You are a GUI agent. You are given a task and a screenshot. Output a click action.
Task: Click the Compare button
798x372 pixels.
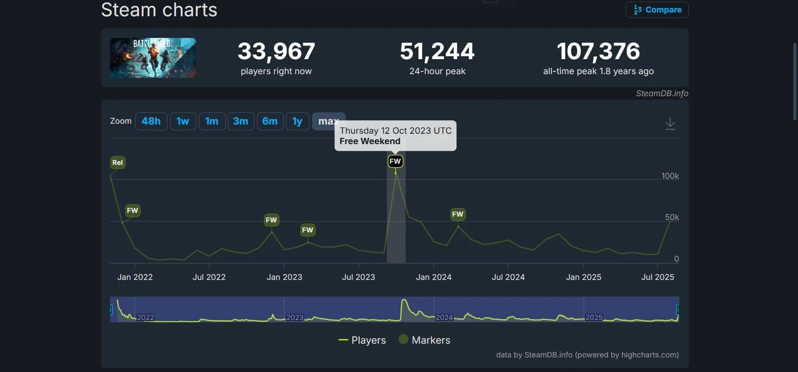657,10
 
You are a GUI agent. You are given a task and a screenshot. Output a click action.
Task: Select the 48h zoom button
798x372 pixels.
151,121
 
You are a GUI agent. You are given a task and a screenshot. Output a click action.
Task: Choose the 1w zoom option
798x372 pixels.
183,121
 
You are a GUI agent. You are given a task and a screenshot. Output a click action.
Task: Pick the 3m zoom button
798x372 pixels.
241,121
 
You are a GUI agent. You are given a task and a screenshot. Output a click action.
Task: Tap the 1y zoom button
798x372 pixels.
297,121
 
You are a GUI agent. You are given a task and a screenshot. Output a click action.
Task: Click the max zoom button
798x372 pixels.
329,121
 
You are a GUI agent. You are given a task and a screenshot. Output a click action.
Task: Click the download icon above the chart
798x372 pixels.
670,124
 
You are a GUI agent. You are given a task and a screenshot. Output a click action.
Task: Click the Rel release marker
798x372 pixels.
118,162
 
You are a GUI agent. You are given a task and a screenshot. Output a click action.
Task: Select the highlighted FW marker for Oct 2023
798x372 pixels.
395,161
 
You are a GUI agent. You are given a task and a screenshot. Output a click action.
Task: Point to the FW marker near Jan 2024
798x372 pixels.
458,214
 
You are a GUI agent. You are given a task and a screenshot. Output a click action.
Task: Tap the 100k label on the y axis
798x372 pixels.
670,176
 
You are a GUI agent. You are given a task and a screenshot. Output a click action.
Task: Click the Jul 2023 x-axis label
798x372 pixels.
359,277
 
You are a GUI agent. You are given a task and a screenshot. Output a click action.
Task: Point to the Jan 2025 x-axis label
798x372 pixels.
584,277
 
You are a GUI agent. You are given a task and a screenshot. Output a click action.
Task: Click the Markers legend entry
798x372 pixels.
424,340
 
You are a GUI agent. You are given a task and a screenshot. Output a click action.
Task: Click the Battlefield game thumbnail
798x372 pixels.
153,58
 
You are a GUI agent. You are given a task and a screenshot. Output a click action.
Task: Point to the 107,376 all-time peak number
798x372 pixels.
598,51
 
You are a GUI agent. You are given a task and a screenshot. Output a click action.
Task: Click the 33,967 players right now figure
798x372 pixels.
276,51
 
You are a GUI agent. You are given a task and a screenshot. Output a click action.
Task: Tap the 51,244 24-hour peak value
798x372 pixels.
437,51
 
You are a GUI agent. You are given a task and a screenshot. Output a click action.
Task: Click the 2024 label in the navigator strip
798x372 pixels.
444,317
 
